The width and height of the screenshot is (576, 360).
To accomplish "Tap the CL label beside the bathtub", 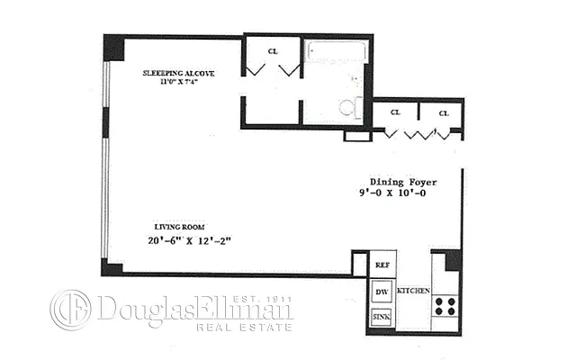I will [272, 51].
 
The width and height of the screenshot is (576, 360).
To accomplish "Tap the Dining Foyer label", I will [401, 179].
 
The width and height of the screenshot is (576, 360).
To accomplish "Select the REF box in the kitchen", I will [382, 265].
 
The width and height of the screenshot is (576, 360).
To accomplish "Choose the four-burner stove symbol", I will [445, 305].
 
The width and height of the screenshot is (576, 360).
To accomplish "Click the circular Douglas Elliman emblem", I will [69, 309].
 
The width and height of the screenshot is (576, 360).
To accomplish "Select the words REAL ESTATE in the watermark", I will [244, 326].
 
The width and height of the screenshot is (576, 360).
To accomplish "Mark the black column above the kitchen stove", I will [453, 259].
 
